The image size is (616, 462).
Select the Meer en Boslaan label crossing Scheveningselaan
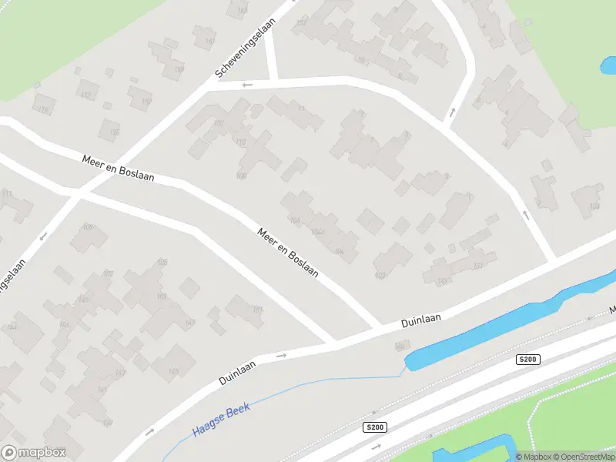click(119, 167)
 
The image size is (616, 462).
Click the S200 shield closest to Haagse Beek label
click(374, 427)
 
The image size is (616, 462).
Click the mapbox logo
click(33, 453)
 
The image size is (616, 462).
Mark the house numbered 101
click(257, 310)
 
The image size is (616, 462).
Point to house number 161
click(478, 266)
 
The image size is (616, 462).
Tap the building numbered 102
click(379, 275)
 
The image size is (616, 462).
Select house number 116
click(43, 110)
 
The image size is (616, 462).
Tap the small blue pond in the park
click(608, 65)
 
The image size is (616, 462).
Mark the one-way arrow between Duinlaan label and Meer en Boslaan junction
click(281, 355)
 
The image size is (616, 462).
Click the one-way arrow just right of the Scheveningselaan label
click(247, 85)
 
